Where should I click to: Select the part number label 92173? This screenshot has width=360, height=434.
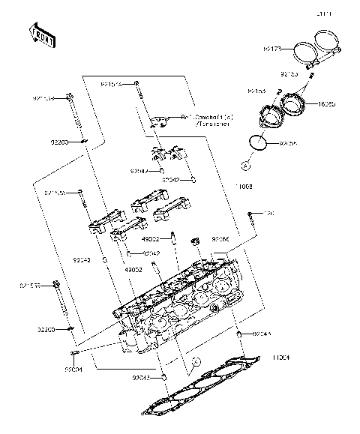coord(272,49)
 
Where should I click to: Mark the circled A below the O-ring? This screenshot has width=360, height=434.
coord(245,165)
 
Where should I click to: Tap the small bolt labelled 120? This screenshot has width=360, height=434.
coord(250,220)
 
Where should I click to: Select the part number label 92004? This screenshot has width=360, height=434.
coord(73,370)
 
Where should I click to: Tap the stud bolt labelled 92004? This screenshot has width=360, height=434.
coord(75,353)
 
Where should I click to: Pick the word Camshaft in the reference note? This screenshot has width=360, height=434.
coord(205,117)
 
